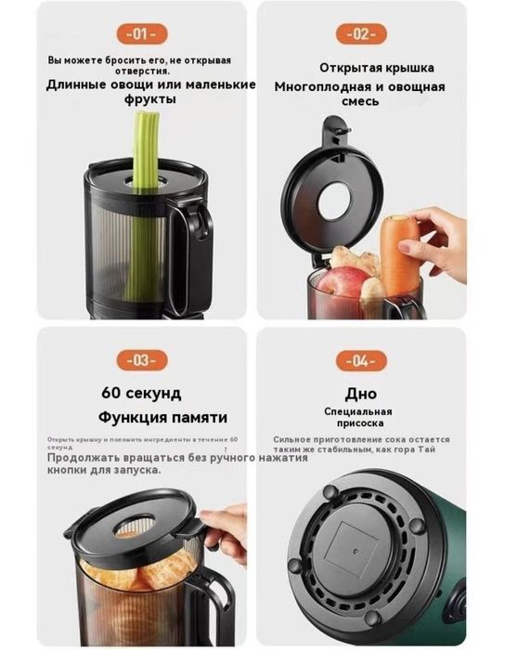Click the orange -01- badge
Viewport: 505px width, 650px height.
138,34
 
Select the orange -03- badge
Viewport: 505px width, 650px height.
138,359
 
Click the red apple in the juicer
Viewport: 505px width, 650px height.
343,280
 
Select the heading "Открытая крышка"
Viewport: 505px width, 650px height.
376,69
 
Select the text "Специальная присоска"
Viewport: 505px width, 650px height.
357,417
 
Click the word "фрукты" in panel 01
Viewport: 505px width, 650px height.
150,99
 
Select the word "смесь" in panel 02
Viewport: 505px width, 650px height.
359,101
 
